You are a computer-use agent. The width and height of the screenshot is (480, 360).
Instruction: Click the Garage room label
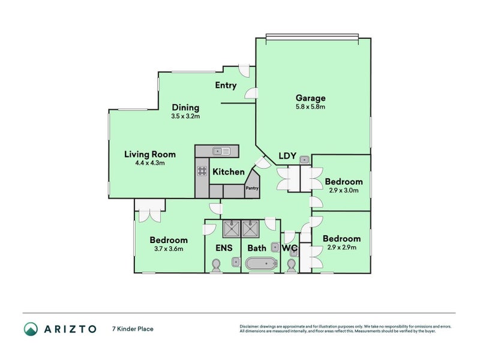pos(310,98)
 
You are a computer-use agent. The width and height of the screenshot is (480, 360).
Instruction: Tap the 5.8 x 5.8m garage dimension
pos(310,107)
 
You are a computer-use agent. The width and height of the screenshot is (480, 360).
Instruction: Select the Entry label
pos(226,85)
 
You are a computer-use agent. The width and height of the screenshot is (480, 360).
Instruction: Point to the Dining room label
pos(185,107)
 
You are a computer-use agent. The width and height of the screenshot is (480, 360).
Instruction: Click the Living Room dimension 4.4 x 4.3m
pos(145,163)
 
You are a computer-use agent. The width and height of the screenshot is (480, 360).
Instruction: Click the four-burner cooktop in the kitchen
pos(202,172)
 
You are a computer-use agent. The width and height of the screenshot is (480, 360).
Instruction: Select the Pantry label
pos(251,188)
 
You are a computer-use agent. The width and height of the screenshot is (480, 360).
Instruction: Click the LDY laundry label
pos(287,157)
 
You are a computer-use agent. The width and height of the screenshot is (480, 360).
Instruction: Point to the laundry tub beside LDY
pos(304,160)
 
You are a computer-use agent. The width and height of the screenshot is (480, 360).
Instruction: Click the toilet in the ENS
pos(217,264)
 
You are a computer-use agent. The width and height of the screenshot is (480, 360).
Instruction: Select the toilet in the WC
pos(292,264)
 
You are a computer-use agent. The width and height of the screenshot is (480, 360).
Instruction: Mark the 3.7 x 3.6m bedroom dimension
pos(169,248)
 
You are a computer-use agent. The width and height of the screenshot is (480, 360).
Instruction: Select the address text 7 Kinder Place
pos(133,329)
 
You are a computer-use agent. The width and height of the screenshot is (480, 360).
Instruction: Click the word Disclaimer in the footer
pos(251,326)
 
